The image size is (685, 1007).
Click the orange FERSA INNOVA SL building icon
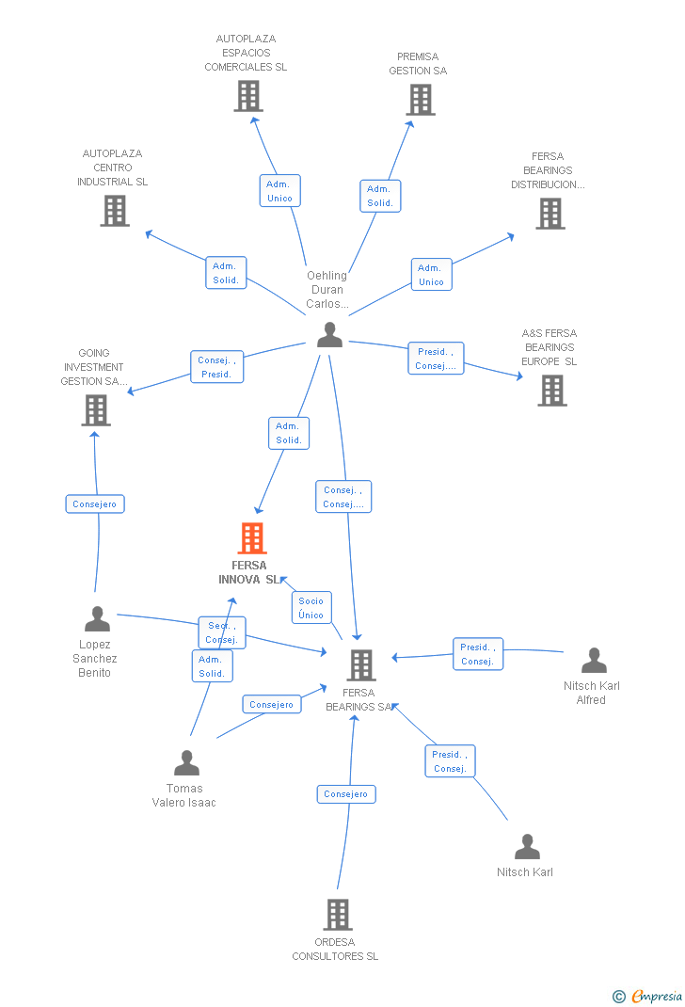[x=251, y=538]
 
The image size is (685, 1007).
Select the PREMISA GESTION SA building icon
[x=421, y=100]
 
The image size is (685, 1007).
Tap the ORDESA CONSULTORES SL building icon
[x=338, y=915]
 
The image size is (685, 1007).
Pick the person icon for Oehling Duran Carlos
[x=330, y=335]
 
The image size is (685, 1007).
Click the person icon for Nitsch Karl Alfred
[x=594, y=661]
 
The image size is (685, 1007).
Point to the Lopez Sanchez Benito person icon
[x=98, y=619]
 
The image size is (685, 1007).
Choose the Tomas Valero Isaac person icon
[x=187, y=763]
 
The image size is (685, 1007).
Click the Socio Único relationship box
[x=311, y=608]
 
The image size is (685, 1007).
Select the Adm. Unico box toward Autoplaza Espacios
[x=279, y=191]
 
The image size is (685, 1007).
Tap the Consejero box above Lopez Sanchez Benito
[x=95, y=504]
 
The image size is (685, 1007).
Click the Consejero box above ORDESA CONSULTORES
[x=346, y=794]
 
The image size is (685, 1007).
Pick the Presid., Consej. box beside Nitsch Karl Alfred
[x=478, y=654]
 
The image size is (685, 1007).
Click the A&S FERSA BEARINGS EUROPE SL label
[x=549, y=347]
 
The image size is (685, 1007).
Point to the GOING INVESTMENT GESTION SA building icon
[x=96, y=410]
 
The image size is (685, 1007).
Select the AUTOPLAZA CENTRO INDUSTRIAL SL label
[x=112, y=168]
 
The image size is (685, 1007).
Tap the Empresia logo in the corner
[x=647, y=996]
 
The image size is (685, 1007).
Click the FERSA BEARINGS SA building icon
[x=360, y=665]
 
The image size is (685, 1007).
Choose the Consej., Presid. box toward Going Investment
[x=217, y=367]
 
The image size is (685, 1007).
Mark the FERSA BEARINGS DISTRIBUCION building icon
[x=550, y=214]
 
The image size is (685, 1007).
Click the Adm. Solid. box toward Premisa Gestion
[x=380, y=196]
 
